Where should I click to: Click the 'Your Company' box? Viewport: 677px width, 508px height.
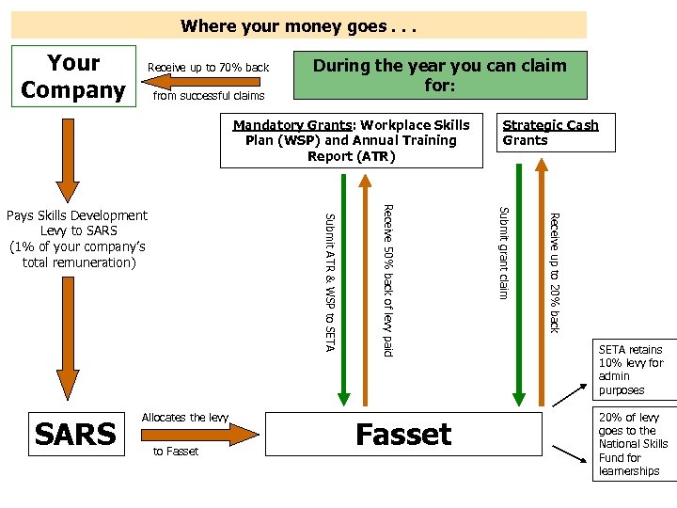(x=72, y=76)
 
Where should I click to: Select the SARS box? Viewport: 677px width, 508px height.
(x=75, y=434)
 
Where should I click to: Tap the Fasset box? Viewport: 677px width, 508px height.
(x=403, y=434)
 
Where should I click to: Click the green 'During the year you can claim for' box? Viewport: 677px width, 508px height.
(x=440, y=75)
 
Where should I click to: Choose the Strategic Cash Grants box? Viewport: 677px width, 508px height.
(x=556, y=133)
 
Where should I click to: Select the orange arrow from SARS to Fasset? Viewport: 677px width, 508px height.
(x=199, y=434)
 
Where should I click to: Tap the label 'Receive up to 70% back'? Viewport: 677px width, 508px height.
(x=209, y=68)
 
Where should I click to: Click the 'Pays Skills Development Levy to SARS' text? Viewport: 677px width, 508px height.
(x=77, y=239)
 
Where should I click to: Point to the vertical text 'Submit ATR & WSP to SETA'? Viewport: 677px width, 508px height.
(x=329, y=282)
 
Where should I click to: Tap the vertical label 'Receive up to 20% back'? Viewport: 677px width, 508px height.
(x=555, y=273)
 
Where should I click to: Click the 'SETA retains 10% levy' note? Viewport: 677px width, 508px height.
(x=632, y=370)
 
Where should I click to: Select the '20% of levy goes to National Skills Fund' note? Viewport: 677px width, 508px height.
(x=633, y=444)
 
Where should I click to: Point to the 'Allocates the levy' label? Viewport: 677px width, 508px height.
(x=185, y=417)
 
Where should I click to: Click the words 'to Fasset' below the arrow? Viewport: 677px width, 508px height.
(x=176, y=452)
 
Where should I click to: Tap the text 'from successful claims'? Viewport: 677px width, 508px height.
(x=209, y=95)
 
